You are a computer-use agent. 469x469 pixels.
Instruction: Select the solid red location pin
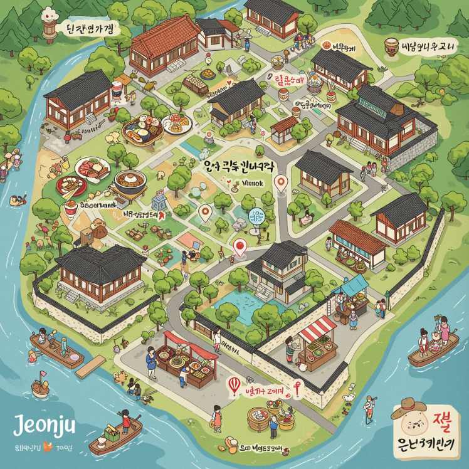(x=239, y=247)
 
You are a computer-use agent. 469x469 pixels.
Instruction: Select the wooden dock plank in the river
(x=90, y=366)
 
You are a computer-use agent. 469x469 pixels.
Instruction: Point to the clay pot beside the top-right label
(x=392, y=46)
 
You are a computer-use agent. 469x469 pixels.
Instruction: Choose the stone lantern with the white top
(x=48, y=25)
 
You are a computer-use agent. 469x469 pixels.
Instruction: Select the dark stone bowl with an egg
(x=130, y=182)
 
